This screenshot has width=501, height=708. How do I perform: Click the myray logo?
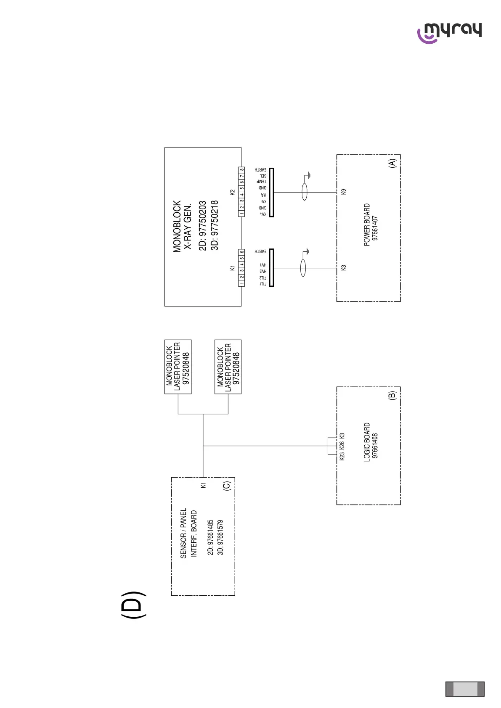pyautogui.click(x=450, y=32)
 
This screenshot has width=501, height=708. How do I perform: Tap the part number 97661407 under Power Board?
pyautogui.click(x=375, y=228)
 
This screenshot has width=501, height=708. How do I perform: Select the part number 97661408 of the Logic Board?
pyautogui.click(x=375, y=446)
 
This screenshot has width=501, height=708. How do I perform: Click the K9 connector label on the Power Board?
pyautogui.click(x=344, y=192)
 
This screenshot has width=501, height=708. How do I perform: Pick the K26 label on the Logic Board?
pyautogui.click(x=342, y=445)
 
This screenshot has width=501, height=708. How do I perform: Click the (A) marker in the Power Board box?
pyautogui.click(x=392, y=164)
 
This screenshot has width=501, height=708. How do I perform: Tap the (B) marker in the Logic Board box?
pyautogui.click(x=392, y=395)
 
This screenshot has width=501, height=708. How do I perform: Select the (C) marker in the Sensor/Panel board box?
pyautogui.click(x=227, y=486)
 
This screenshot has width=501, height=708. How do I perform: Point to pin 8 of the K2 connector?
pyautogui.click(x=242, y=170)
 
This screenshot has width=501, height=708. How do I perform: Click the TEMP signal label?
pyautogui.click(x=262, y=182)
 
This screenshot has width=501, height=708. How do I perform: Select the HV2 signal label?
pyautogui.click(x=263, y=272)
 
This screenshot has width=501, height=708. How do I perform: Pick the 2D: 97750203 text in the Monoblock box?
pyautogui.click(x=203, y=226)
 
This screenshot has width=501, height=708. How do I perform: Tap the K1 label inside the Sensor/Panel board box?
pyautogui.click(x=204, y=485)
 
